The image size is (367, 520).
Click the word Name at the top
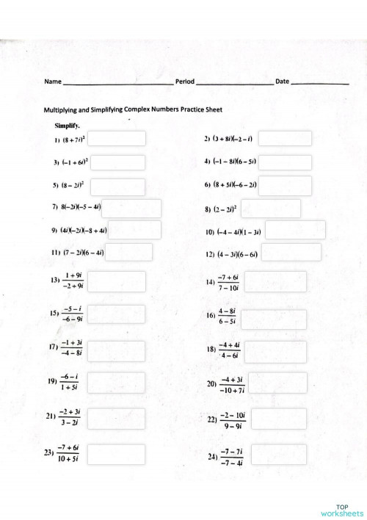pos(51,81)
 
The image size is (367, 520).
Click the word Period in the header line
pos(185,81)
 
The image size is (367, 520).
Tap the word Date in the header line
pos(282,81)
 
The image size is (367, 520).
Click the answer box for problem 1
pos(117,138)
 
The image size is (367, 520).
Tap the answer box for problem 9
pos(135,230)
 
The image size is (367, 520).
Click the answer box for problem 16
pos(274,319)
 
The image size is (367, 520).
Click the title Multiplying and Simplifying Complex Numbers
pos(133,109)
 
